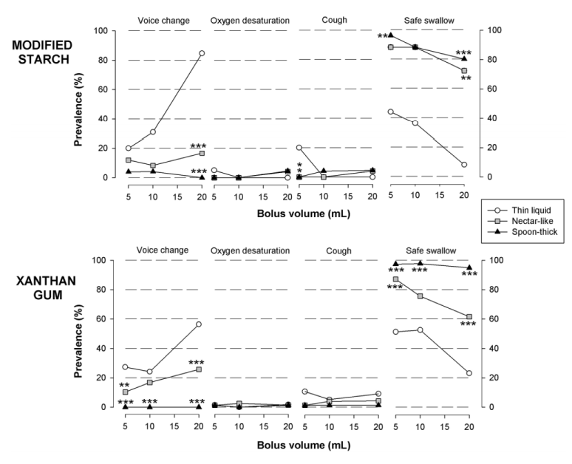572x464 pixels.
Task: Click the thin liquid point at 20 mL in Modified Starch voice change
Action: point(201,53)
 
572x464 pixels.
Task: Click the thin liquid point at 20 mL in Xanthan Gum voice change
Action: point(199,324)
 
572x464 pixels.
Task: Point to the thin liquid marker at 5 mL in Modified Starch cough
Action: point(299,148)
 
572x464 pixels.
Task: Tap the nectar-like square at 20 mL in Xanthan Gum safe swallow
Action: point(469,316)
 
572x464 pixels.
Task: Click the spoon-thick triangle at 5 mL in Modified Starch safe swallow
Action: point(391,35)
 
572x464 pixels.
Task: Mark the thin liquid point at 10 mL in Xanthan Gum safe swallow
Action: point(421,330)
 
